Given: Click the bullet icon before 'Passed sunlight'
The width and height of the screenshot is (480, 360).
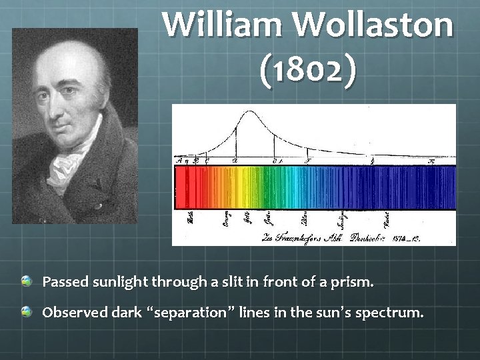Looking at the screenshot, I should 26,282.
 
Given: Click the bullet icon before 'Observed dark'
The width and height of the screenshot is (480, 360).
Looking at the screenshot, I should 26,311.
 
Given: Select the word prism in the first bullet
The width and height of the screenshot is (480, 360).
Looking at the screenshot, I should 354,282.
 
